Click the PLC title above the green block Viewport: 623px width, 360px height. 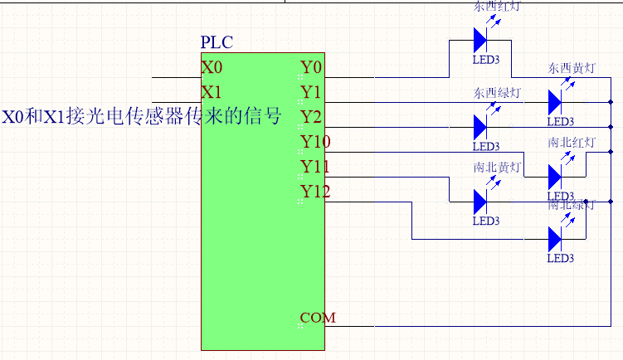(x=217, y=42)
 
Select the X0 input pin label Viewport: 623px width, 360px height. (x=212, y=66)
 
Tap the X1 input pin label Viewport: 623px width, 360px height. (x=212, y=90)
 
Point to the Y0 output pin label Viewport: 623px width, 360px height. (x=311, y=66)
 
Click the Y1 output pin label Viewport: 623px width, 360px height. (x=311, y=90)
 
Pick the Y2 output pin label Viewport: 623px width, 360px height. (x=311, y=115)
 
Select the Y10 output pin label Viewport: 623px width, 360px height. (x=315, y=142)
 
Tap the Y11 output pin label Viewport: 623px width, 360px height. (x=315, y=167)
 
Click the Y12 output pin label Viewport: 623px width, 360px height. (x=315, y=192)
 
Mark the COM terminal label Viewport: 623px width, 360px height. (x=318, y=318)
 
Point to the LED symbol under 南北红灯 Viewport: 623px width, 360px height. (x=555, y=176)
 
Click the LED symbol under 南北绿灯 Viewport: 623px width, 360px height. (x=555, y=239)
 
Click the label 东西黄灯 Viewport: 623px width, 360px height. (x=571, y=68)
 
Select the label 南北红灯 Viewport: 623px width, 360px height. (x=571, y=143)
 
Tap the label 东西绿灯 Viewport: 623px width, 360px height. (x=497, y=92)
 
